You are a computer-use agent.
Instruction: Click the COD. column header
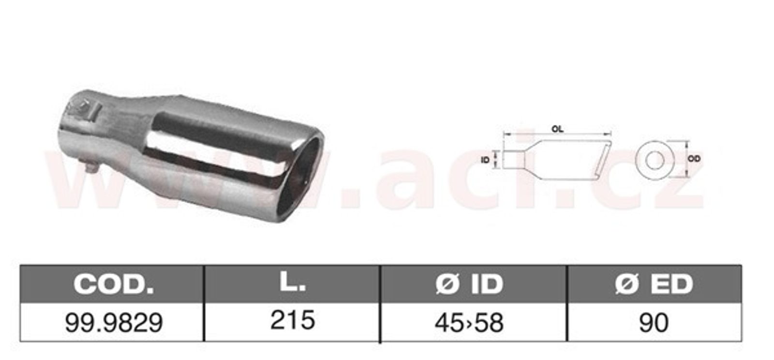click(114, 284)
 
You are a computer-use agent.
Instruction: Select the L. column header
click(292, 283)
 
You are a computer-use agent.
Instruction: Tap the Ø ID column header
click(469, 284)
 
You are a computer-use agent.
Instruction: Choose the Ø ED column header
click(654, 284)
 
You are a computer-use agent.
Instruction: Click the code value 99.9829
click(114, 323)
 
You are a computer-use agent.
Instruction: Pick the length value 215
click(293, 319)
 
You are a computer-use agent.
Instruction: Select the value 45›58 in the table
click(469, 323)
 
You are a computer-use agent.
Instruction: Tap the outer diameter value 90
click(654, 323)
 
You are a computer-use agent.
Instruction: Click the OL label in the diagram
click(557, 129)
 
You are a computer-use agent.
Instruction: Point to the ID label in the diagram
click(486, 160)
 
